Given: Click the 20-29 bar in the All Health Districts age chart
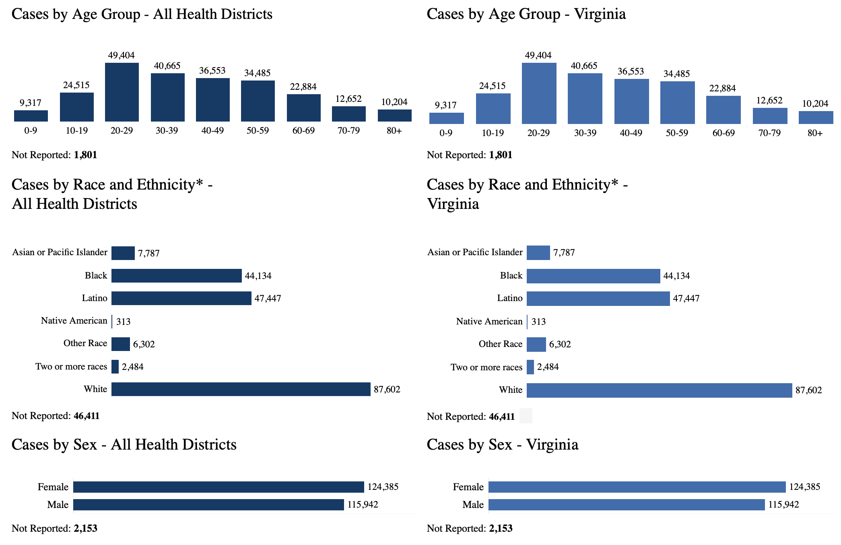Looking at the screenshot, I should (x=122, y=92).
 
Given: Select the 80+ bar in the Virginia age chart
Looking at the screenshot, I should (x=816, y=118).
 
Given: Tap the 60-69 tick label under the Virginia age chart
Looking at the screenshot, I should (x=724, y=133).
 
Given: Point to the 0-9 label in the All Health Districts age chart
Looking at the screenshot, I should (x=31, y=131).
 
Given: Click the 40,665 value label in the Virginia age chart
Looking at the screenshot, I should (x=584, y=66).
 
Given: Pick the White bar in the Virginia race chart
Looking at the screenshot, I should (x=659, y=390).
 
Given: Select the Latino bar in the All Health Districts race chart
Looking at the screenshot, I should (x=181, y=298).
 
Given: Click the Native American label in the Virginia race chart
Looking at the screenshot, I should (x=489, y=322).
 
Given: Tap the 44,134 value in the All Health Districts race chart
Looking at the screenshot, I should (x=258, y=276).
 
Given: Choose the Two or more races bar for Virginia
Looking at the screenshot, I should (x=530, y=367).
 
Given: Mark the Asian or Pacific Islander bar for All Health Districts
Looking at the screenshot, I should (x=123, y=253).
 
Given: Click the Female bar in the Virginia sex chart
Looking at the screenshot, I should (x=637, y=487).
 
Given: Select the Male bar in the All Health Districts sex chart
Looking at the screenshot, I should (x=208, y=505).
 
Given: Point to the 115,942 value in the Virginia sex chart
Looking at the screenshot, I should (x=783, y=505).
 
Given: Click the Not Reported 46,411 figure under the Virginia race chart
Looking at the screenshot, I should (x=501, y=417).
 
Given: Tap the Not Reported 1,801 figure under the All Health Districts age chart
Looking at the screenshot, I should (x=85, y=155).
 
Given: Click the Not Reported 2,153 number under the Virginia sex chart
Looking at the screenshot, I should (x=501, y=528).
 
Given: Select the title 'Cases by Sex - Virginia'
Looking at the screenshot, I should (x=502, y=445).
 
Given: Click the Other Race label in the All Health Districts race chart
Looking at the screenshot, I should (x=85, y=343).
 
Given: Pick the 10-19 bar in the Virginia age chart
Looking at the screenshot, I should (x=493, y=109).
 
